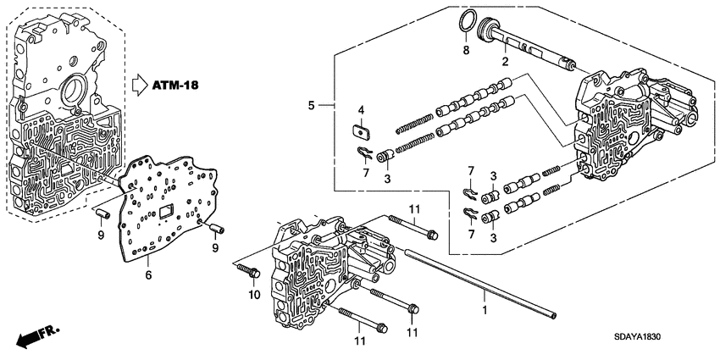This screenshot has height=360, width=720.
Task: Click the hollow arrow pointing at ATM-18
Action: tap(141, 84)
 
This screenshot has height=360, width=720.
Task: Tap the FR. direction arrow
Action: tap(32, 338)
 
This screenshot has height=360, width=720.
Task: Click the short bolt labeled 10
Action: tap(248, 271)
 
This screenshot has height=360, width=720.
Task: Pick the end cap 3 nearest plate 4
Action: tap(385, 157)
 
